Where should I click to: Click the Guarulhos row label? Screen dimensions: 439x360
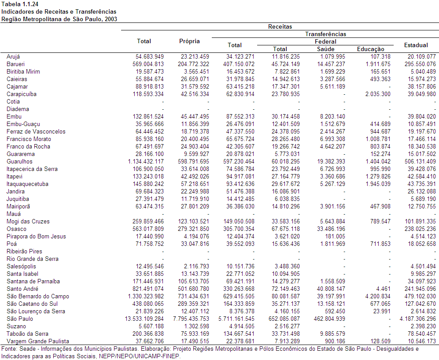[x=19, y=162]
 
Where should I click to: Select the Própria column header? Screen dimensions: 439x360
[x=189, y=41]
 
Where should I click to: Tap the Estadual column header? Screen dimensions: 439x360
[x=416, y=45]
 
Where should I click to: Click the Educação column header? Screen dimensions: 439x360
[x=370, y=49]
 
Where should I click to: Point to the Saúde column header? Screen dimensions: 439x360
[x=325, y=49]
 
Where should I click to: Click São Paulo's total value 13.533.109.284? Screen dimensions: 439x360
[x=144, y=319]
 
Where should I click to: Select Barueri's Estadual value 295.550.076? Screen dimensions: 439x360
[x=420, y=64]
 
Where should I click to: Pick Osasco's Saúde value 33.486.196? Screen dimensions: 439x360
[x=331, y=229]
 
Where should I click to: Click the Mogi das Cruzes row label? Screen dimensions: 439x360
[x=28, y=222]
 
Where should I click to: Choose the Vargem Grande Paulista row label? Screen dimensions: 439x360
[x=38, y=341]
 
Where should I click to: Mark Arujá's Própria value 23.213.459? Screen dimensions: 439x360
[x=195, y=56]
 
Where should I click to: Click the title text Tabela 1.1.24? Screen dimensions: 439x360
[x=20, y=4]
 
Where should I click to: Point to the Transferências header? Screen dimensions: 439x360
[x=325, y=34]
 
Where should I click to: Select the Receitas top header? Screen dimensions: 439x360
[x=280, y=26]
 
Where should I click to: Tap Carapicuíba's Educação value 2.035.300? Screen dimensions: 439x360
[x=378, y=94]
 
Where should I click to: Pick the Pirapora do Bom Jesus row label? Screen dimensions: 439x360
[x=36, y=237]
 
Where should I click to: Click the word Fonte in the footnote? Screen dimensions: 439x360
[x=8, y=349]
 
